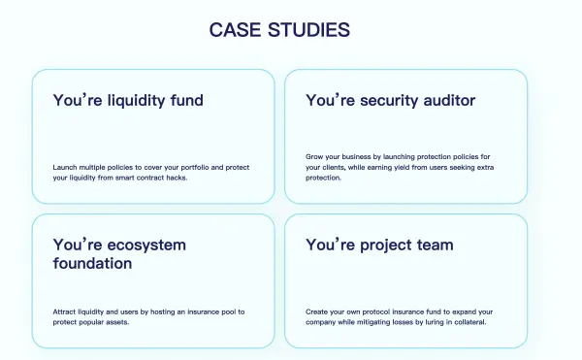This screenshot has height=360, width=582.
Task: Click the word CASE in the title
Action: click(x=236, y=30)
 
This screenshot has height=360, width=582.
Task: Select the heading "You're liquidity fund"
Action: click(x=128, y=100)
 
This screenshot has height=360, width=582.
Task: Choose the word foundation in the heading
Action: click(x=92, y=263)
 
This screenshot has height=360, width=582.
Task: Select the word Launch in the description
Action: click(x=64, y=167)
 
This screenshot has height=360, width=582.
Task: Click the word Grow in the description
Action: click(x=314, y=156)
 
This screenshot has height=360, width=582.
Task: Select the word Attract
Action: click(x=65, y=311)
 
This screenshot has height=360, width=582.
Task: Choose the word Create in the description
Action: click(x=317, y=311)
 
